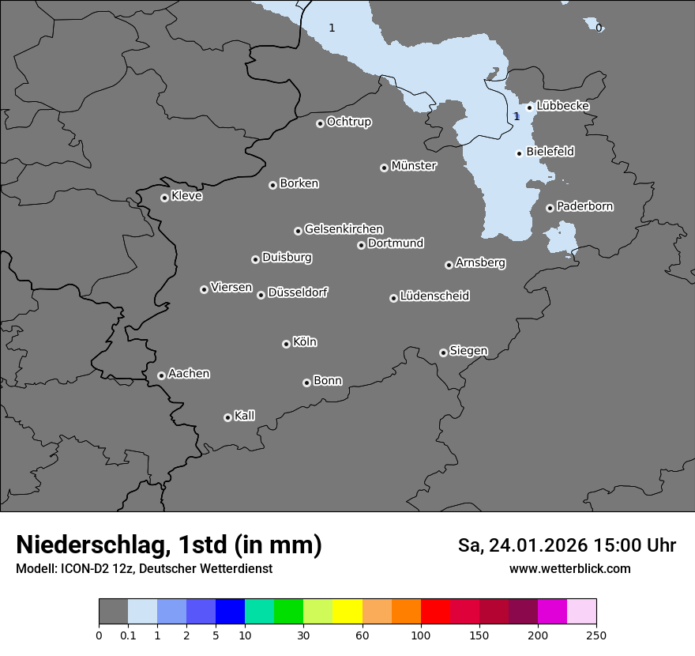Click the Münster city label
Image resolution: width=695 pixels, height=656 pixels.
click(x=414, y=166)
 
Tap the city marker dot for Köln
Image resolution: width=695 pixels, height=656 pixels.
click(x=286, y=344)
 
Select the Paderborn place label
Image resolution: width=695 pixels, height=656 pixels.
click(x=585, y=206)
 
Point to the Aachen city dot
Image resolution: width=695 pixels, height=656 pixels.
click(x=161, y=375)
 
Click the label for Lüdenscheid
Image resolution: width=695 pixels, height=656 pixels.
click(x=434, y=296)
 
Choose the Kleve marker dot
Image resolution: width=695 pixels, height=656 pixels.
click(x=164, y=198)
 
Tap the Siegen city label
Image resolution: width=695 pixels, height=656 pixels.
click(x=468, y=351)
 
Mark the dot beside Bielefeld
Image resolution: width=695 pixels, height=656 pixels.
click(x=519, y=153)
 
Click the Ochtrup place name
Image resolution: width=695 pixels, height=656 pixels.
click(x=349, y=122)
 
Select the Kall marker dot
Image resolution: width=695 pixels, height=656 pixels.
click(x=227, y=417)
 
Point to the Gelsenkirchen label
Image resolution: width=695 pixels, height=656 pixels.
click(x=344, y=229)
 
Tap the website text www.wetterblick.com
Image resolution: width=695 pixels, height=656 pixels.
click(x=569, y=568)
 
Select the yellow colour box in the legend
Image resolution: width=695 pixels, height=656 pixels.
click(x=347, y=612)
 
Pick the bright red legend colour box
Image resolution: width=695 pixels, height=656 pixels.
click(x=435, y=612)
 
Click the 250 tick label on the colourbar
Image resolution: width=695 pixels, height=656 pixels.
click(x=596, y=635)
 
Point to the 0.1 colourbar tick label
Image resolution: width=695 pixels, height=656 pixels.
click(x=128, y=635)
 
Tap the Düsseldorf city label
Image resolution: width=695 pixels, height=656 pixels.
click(x=298, y=292)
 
